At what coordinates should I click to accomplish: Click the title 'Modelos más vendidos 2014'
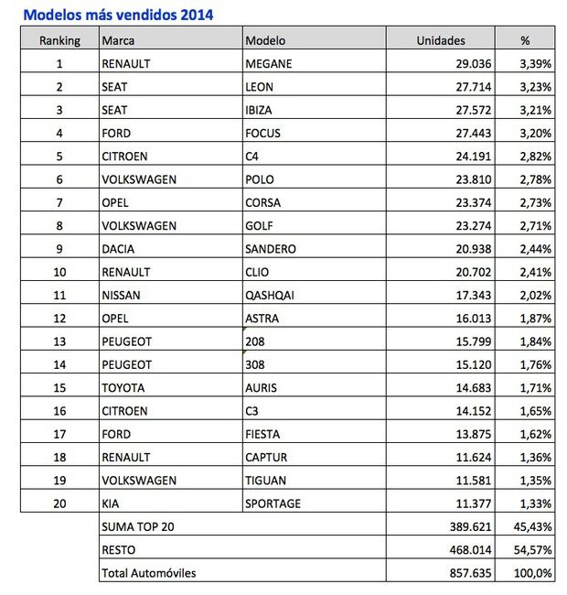tap(120, 15)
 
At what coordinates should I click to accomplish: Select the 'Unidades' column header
tap(441, 40)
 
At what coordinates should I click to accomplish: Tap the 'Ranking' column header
tap(60, 40)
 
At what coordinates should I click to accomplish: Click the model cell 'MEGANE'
tap(268, 63)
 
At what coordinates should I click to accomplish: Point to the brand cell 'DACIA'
tap(121, 249)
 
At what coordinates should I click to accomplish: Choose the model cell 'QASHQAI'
tap(273, 295)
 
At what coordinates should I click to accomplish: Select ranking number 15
tap(60, 387)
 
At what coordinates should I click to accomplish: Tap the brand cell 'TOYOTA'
tap(123, 387)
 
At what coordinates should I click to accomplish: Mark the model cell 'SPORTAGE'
tap(273, 503)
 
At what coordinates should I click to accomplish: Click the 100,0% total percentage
tap(533, 573)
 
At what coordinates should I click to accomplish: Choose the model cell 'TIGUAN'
tap(267, 481)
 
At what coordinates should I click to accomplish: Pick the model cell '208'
tap(255, 341)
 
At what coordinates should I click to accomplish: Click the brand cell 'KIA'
tap(112, 503)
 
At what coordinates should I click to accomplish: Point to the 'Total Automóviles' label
tap(149, 573)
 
